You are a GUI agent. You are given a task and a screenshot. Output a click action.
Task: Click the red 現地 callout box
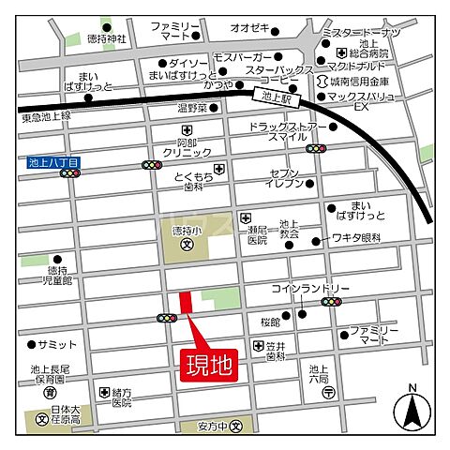pyautogui.click(x=208, y=363)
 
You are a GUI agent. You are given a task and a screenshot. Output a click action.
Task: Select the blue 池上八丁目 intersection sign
pyautogui.click(x=54, y=162)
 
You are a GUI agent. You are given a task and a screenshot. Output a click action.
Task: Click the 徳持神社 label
pyautogui.click(x=105, y=40)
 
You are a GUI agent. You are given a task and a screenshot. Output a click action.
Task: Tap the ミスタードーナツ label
pyautogui.click(x=361, y=32)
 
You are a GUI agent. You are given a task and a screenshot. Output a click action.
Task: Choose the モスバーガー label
pyautogui.click(x=241, y=57)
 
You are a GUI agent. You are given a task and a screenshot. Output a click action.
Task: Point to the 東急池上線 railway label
pyautogui.click(x=46, y=116)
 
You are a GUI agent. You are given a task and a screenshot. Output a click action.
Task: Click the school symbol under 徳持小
pyautogui.click(x=187, y=247)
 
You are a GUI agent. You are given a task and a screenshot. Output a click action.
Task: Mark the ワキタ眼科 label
pyautogui.click(x=354, y=239)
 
